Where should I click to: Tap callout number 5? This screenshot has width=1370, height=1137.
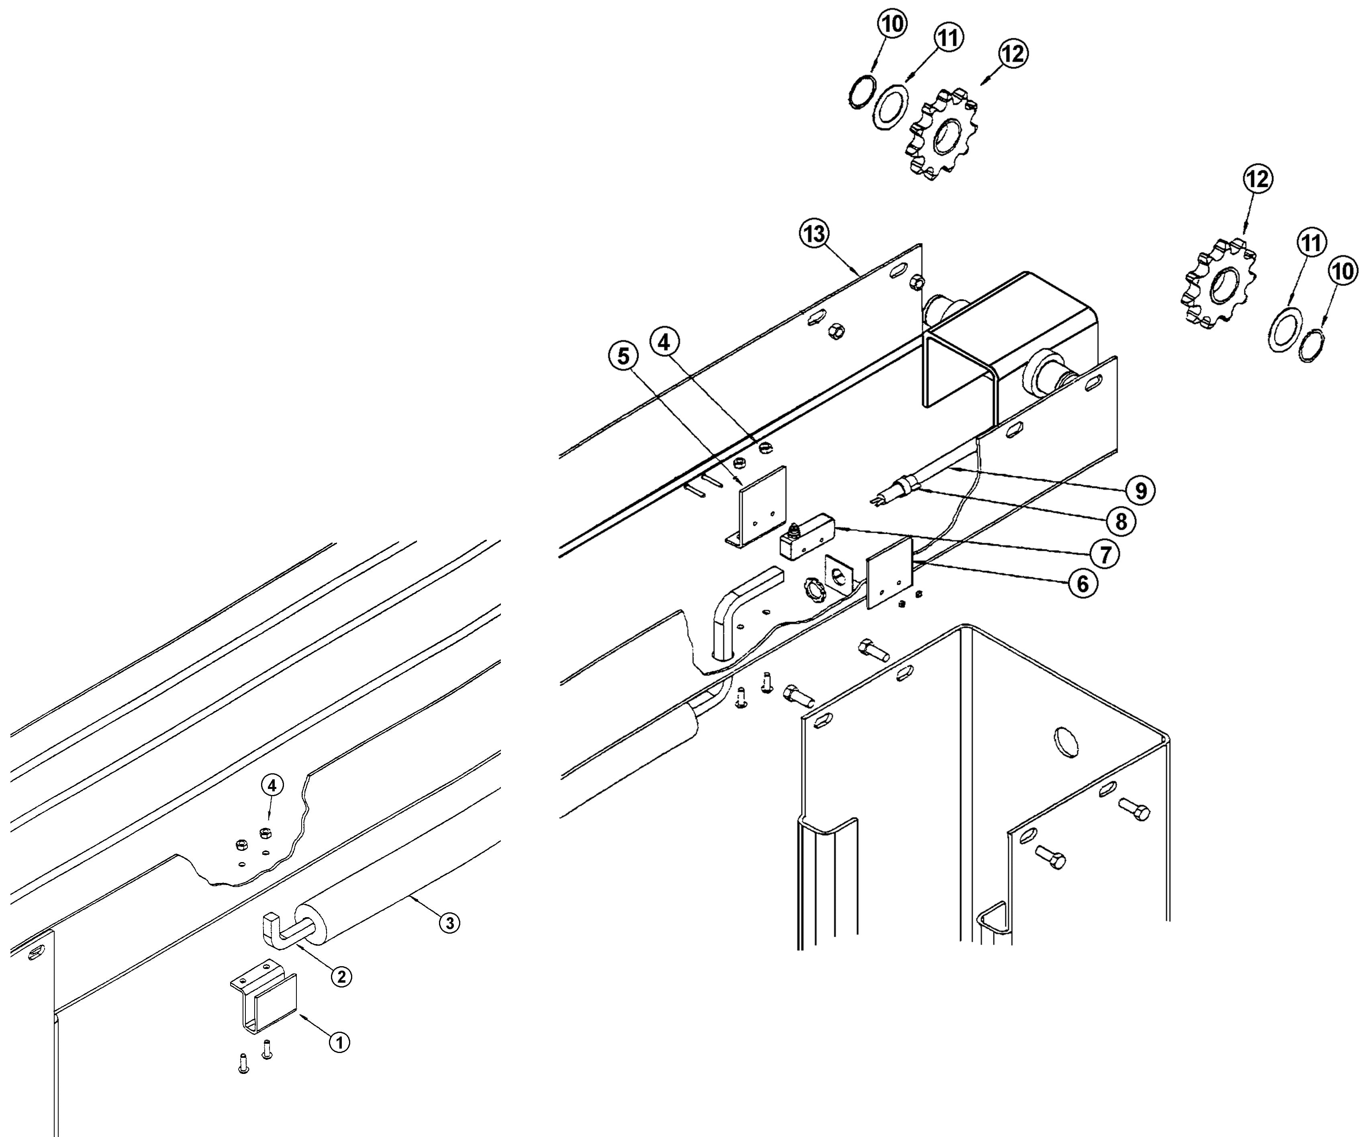point(624,356)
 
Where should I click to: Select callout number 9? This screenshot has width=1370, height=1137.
point(1140,490)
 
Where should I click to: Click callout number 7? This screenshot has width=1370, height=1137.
point(1105,554)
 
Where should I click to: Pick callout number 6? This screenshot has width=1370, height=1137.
point(1082,584)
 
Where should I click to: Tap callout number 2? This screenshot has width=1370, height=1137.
point(341,976)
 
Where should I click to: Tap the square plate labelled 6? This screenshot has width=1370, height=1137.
point(888,574)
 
